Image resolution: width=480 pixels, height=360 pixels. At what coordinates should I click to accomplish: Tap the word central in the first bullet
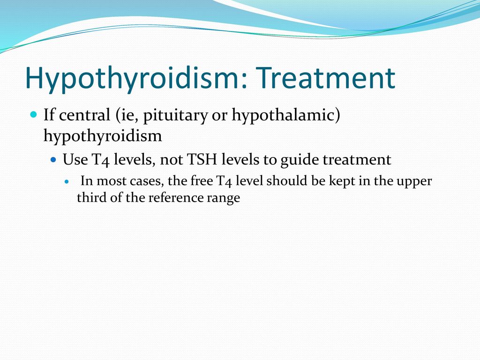click(x=84, y=115)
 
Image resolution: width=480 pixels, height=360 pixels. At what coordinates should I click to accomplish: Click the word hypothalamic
click(x=286, y=116)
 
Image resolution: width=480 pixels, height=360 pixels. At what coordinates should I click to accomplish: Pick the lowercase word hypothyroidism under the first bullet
click(x=103, y=136)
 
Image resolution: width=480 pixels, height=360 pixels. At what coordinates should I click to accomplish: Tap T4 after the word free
click(x=224, y=181)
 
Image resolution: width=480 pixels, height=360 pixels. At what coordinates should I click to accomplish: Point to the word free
click(x=202, y=180)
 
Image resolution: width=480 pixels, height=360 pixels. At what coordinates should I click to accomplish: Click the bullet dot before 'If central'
click(x=34, y=115)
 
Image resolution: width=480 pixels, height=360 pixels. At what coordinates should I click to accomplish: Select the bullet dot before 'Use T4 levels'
click(x=53, y=159)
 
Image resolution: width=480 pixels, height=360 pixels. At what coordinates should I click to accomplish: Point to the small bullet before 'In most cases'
click(x=67, y=181)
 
